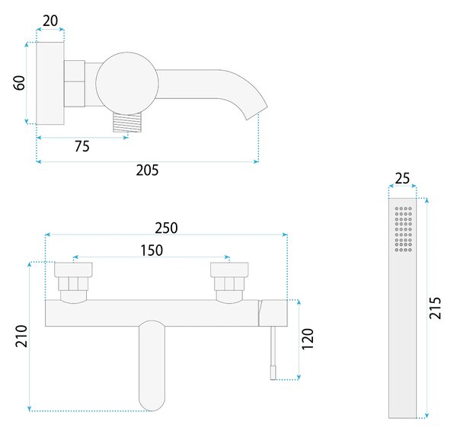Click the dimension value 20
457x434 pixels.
(50, 21)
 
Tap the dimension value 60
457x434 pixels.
(20, 83)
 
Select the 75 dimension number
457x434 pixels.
(82, 146)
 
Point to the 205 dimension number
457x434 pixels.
(147, 170)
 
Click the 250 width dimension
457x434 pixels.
(166, 228)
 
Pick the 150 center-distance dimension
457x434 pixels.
(152, 251)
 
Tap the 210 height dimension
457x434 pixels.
(21, 336)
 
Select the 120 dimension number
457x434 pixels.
(308, 339)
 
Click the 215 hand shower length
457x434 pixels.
(435, 308)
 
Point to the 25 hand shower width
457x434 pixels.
(402, 178)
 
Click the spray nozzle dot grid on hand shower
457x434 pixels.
(404, 229)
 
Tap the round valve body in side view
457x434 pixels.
(127, 83)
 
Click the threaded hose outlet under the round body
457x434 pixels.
(127, 123)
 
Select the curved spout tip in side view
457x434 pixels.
(257, 112)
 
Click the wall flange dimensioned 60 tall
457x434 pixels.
(50, 83)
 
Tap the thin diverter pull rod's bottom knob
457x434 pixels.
(273, 373)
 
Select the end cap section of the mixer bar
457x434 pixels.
(273, 313)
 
